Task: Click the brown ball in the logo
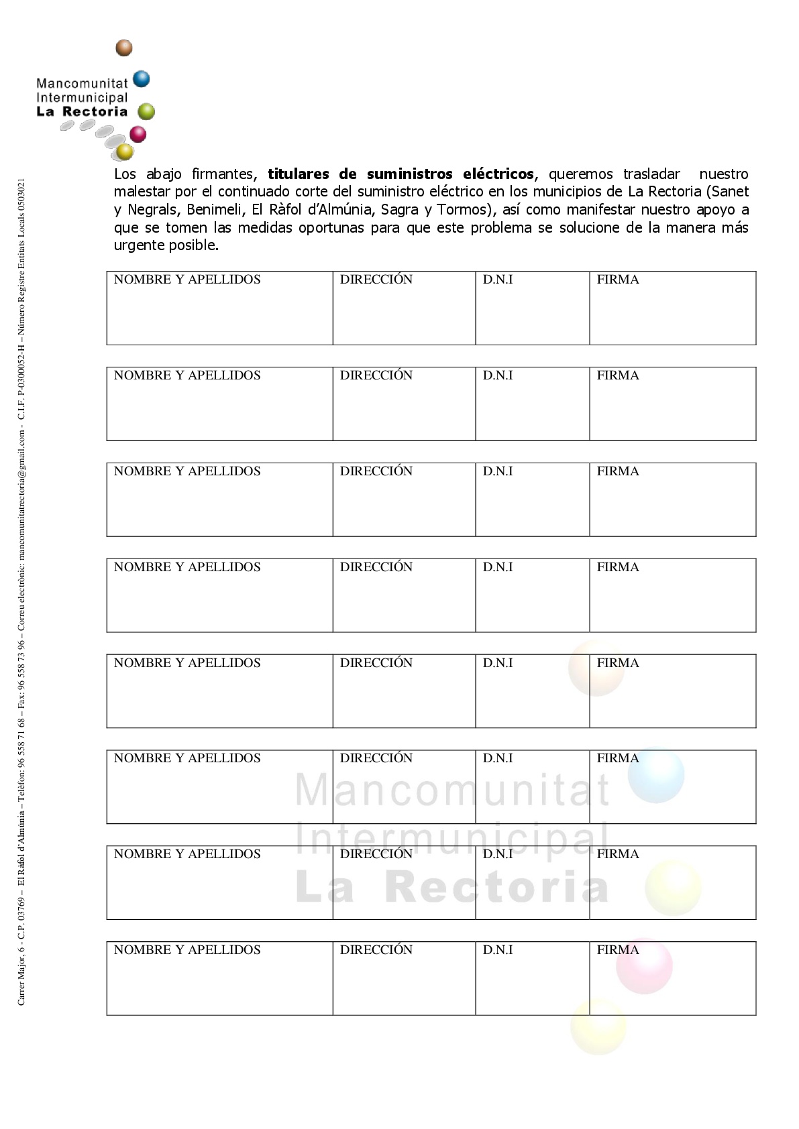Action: (124, 48)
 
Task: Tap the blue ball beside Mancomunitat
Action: (141, 79)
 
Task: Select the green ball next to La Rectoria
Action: (146, 111)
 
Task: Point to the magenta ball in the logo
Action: (138, 134)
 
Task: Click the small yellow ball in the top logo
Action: (125, 152)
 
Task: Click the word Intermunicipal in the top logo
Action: (81, 98)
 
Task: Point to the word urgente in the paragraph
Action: (138, 245)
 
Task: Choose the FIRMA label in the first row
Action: (618, 280)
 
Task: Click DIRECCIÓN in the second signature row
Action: (376, 375)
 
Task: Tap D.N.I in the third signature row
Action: (498, 471)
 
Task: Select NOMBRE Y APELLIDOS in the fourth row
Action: (187, 567)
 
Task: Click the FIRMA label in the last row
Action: (618, 950)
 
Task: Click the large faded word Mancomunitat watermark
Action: (453, 790)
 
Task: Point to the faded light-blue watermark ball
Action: (656, 775)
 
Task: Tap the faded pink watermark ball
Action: (644, 966)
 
